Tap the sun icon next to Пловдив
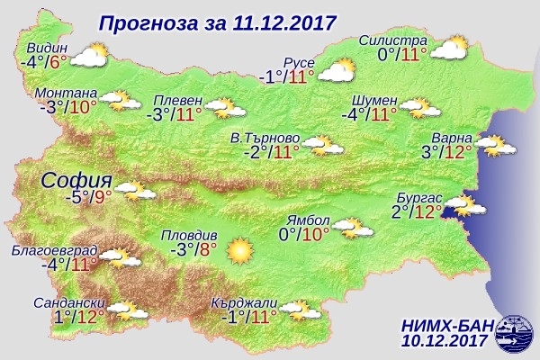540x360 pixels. [240, 251]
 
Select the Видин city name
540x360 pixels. [45, 48]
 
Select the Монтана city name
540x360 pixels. [66, 93]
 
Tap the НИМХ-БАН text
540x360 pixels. [443, 325]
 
